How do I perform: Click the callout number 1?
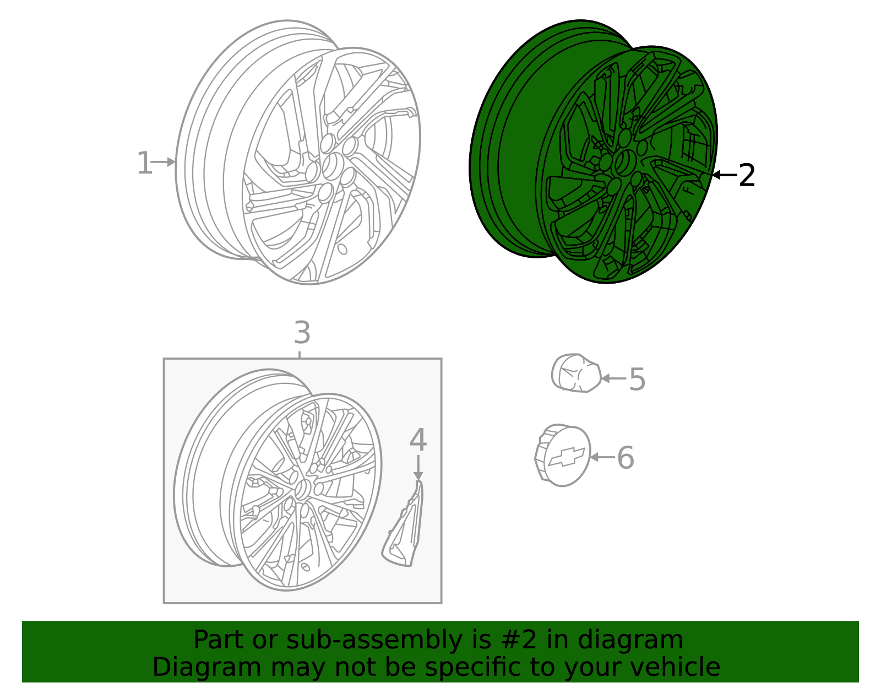click(x=144, y=164)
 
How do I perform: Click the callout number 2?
click(x=747, y=176)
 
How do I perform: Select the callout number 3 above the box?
click(x=302, y=333)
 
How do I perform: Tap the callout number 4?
click(x=418, y=440)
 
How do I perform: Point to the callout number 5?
click(x=637, y=380)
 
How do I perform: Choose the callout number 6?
click(x=626, y=458)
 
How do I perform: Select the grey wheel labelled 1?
click(x=297, y=154)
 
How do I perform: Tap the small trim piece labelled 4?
click(x=405, y=529)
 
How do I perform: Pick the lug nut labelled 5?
click(x=575, y=373)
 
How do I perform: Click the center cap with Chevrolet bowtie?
click(x=563, y=456)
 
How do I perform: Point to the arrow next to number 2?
click(x=724, y=175)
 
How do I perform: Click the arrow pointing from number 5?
click(x=613, y=378)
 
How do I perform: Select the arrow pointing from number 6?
click(x=601, y=457)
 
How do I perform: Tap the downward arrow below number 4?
click(x=418, y=468)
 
